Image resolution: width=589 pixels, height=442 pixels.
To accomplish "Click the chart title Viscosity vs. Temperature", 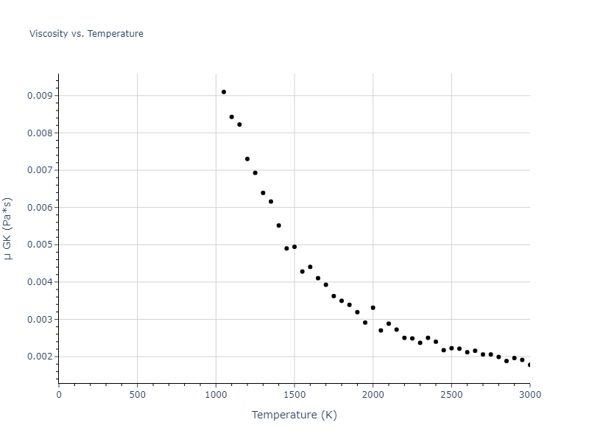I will tap(86, 34).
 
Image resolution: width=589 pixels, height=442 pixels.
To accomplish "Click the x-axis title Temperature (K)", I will tap(294, 415).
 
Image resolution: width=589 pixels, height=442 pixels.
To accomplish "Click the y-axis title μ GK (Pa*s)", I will tap(8, 228).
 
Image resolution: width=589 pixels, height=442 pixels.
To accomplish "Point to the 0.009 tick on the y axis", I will tap(40, 96).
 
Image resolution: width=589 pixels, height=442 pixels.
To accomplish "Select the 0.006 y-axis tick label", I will tap(40, 208).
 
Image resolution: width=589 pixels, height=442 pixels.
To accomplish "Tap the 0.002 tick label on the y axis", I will tap(40, 357).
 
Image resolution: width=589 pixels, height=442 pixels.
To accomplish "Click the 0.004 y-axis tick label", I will tap(40, 282).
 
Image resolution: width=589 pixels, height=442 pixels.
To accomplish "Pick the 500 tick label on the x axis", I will tap(137, 395).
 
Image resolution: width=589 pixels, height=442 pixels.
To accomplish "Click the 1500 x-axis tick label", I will tap(294, 395).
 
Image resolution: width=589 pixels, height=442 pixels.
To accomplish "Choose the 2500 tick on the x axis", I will tap(451, 395).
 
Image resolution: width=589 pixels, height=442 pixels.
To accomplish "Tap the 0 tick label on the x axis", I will tap(59, 395).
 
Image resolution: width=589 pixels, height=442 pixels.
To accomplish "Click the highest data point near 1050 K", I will tap(224, 92).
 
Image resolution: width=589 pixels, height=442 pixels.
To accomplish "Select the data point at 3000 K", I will tap(529, 365).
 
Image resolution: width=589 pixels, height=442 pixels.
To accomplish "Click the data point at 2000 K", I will tap(373, 308).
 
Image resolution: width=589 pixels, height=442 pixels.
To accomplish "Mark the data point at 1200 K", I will tap(247, 159).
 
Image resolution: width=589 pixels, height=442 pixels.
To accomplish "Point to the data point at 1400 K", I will tap(278, 225).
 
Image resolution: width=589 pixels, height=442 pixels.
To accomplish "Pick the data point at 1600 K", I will tap(310, 267).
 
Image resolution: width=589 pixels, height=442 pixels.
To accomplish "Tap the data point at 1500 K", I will tap(294, 247).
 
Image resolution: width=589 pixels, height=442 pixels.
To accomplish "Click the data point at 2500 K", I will tap(451, 348).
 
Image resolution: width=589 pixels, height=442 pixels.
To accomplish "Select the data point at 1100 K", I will tap(231, 117).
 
